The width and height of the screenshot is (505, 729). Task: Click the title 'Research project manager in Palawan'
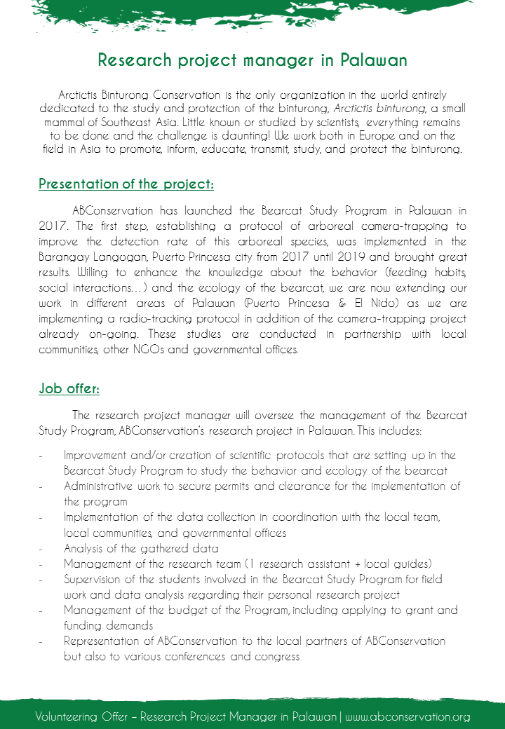[252, 60]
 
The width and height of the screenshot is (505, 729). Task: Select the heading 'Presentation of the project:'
[126, 184]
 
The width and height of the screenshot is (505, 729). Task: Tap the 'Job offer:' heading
[69, 388]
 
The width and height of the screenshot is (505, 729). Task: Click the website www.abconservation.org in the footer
[408, 716]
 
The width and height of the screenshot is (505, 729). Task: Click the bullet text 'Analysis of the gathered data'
[140, 548]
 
